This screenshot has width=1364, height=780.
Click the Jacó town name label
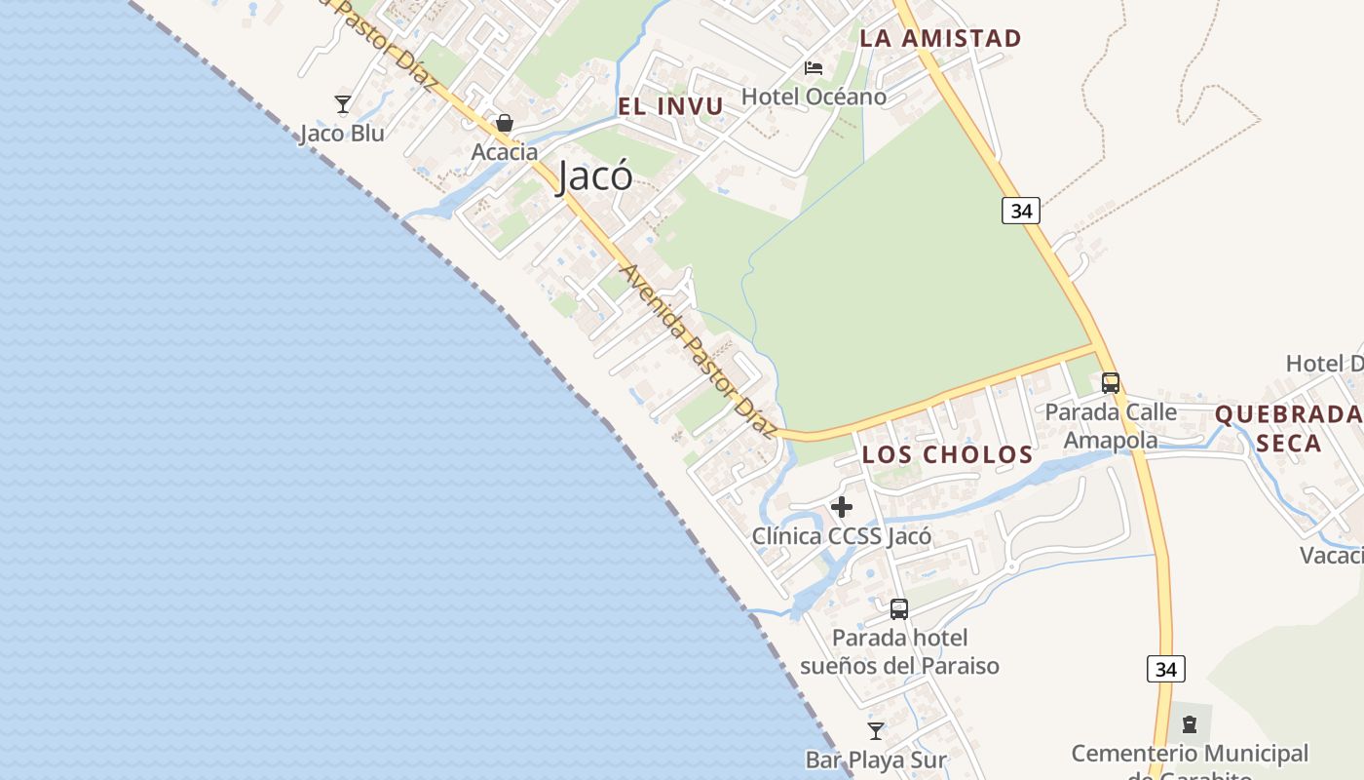tap(595, 176)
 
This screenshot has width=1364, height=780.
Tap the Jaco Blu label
tap(342, 134)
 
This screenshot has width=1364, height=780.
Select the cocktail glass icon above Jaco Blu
tap(342, 103)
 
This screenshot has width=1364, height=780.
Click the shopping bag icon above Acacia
tap(505, 123)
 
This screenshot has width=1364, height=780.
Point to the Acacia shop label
tap(505, 152)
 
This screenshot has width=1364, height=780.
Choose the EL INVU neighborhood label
tap(671, 106)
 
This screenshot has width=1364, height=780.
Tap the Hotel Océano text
tap(814, 97)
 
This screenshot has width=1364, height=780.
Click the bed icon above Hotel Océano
tap(814, 68)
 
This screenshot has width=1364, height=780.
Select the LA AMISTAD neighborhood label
tap(939, 39)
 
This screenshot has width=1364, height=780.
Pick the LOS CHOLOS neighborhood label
tap(947, 454)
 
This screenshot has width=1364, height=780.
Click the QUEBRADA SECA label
tap(1287, 428)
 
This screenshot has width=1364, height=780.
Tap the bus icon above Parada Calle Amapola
tap(1111, 383)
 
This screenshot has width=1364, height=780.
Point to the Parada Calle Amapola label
tap(1111, 426)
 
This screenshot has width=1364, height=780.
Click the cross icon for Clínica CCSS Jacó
tap(842, 507)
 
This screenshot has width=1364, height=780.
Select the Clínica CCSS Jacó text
tap(842, 536)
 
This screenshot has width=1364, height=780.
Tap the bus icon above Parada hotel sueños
tap(899, 609)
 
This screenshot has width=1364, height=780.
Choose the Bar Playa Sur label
tap(876, 760)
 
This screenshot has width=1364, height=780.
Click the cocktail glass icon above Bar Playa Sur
tap(876, 730)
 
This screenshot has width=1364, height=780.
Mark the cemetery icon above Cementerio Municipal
tap(1190, 724)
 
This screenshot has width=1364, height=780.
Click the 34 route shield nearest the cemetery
tap(1166, 669)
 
